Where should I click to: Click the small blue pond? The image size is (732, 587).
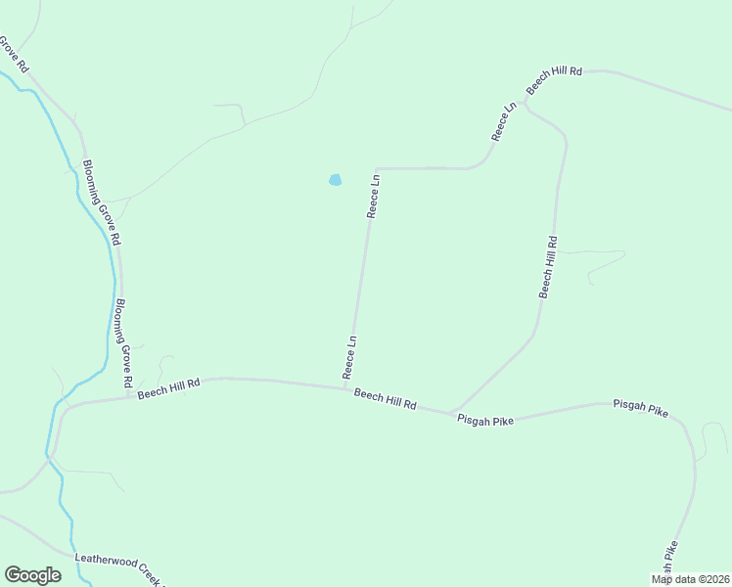335,180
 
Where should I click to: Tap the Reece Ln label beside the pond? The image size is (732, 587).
373,196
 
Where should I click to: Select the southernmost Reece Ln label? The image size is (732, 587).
349,357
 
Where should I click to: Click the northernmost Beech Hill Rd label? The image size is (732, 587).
554,80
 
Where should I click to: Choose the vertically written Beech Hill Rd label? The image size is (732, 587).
549,267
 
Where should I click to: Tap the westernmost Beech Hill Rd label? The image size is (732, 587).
168,389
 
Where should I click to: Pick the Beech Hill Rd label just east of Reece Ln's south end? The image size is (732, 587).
386,398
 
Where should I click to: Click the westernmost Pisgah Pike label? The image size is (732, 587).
485,417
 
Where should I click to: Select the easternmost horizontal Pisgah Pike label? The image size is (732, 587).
641,407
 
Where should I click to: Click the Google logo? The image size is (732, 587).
32,575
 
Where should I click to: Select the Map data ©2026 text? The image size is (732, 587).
690,579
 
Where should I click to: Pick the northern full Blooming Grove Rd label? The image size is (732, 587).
102,203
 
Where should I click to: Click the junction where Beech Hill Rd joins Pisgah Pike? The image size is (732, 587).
450,412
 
